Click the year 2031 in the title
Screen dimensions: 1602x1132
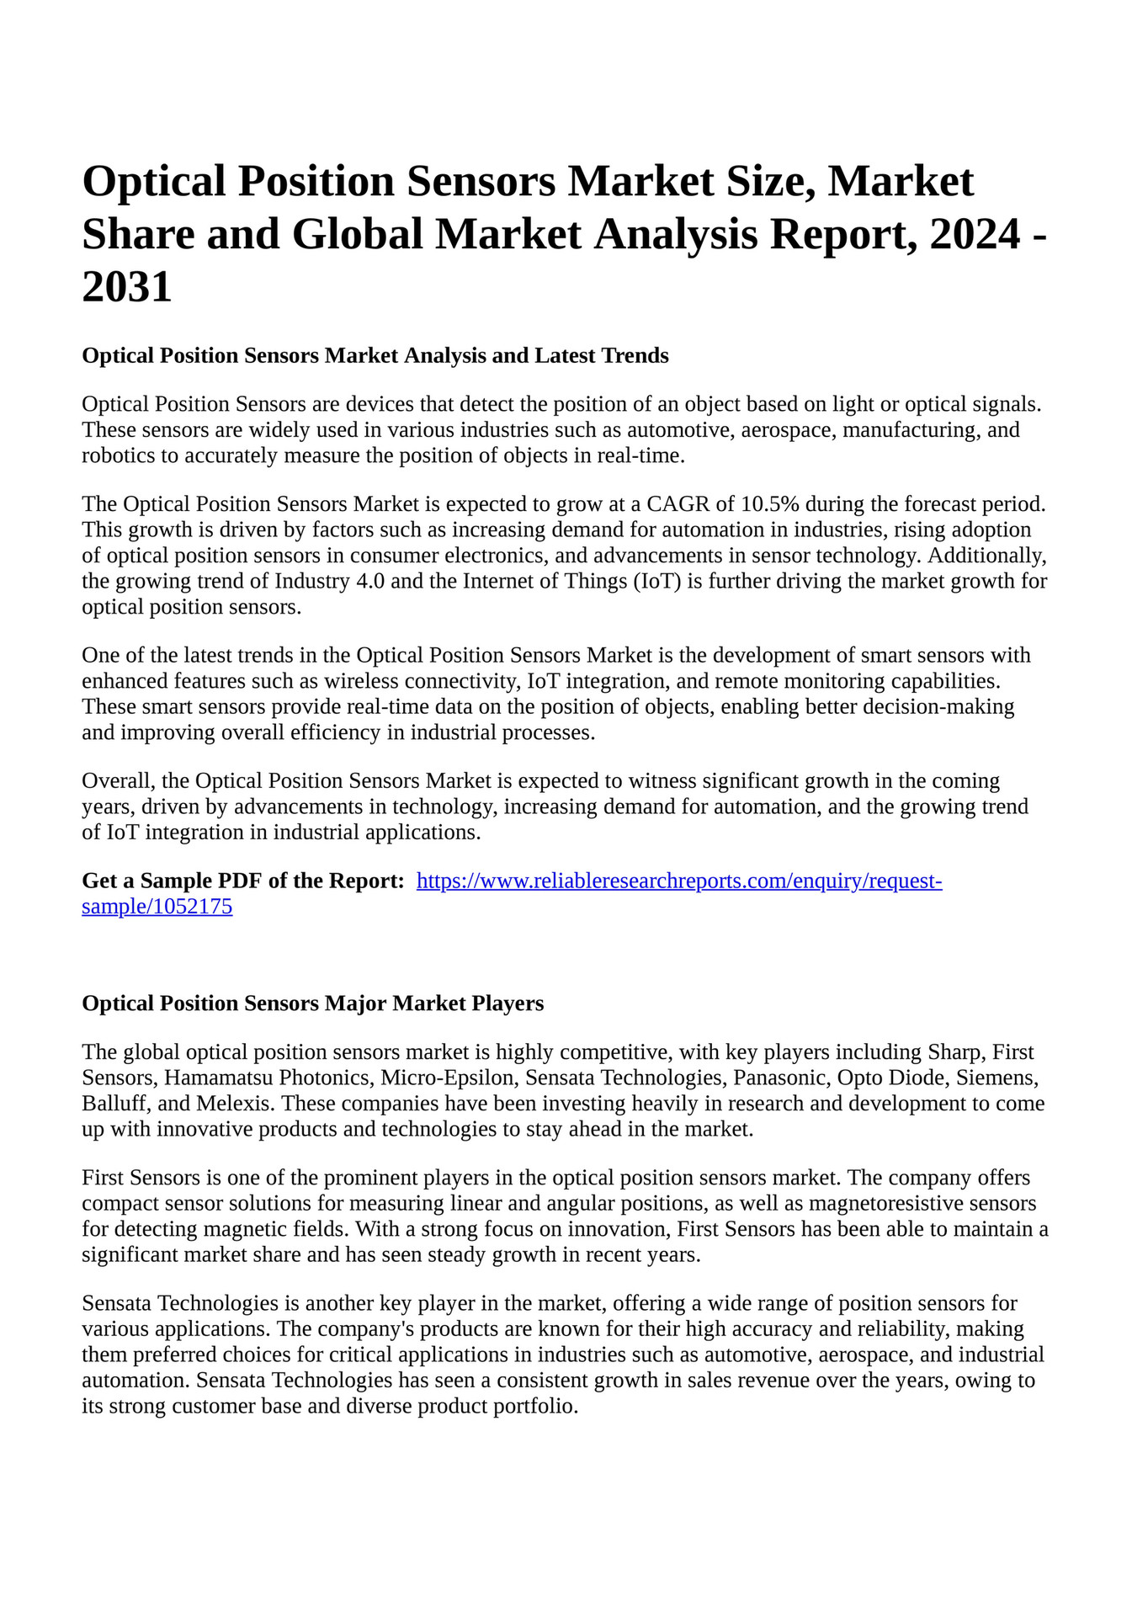[x=127, y=287]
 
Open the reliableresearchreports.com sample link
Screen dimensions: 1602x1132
[x=679, y=881]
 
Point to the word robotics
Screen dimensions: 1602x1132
[x=115, y=456]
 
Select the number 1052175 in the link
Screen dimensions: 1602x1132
[x=190, y=907]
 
